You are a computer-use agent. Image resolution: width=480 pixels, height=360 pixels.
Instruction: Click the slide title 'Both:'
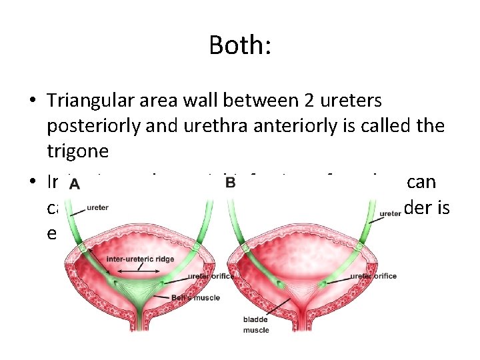point(239,45)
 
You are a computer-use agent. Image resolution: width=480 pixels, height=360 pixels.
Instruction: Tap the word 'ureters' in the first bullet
point(345,101)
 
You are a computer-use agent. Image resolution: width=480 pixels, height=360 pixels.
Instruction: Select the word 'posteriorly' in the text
point(97,126)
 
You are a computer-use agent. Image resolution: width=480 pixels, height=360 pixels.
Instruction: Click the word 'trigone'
point(77,151)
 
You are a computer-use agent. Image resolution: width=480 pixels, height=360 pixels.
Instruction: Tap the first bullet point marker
point(33,101)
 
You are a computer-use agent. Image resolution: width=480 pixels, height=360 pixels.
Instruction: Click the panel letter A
point(75,184)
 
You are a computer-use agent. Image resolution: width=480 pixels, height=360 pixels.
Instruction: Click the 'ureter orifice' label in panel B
point(373,276)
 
